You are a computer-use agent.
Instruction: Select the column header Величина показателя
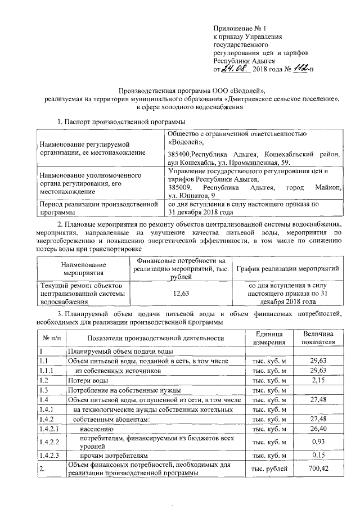[x=318, y=338]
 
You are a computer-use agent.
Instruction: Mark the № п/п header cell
[x=51, y=338]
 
